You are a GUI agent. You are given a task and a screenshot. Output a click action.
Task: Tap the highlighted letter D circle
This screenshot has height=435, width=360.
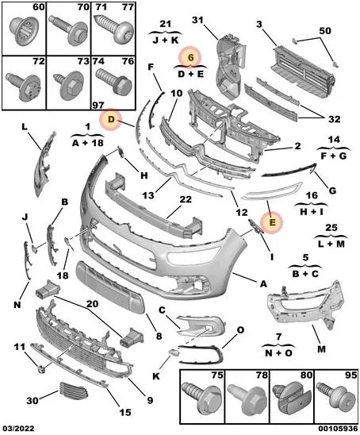coord(112,120)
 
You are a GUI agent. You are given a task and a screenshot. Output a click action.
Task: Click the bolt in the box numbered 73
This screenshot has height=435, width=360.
coord(64,82)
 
